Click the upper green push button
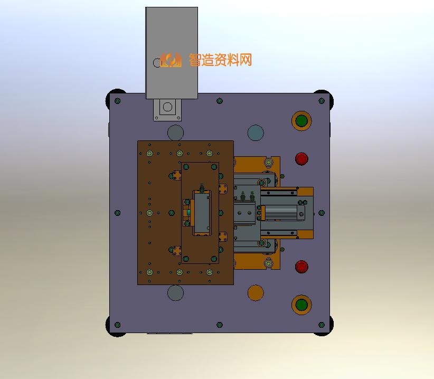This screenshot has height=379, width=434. coord(301,121)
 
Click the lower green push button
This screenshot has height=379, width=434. coord(301,305)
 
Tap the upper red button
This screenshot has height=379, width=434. coord(301,159)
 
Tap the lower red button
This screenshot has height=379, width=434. coord(301,267)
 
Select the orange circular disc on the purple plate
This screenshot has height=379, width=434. coord(256,292)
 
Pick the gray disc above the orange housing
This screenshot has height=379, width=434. coord(256,133)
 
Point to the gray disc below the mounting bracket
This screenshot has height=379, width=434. coord(175,133)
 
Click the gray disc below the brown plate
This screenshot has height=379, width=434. coord(175,292)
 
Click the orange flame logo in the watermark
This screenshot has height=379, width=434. coord(171,60)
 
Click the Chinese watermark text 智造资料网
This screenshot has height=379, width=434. coord(220,60)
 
